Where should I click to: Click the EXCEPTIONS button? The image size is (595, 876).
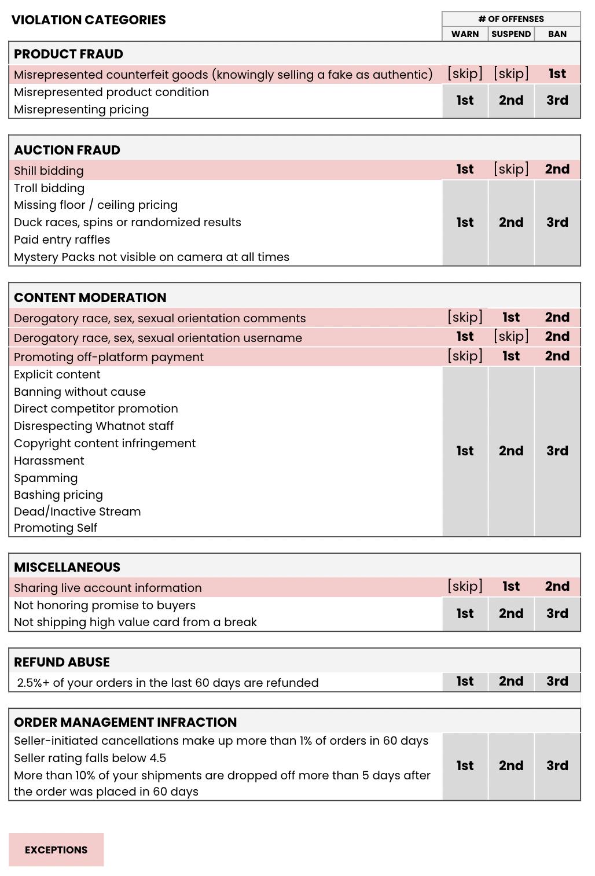tap(56, 849)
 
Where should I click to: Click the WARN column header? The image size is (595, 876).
tap(465, 34)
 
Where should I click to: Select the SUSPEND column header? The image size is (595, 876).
tap(511, 34)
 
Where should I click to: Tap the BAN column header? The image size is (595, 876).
tap(557, 34)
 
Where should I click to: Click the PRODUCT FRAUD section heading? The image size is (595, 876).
tap(68, 54)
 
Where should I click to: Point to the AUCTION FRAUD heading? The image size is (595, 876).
tap(67, 150)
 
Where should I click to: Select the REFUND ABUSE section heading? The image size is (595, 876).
tap(62, 662)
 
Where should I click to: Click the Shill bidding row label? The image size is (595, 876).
tap(49, 171)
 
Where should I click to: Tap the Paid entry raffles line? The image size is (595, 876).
tap(62, 240)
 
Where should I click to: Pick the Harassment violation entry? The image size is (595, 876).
tap(49, 461)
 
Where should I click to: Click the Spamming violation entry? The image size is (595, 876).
tap(46, 478)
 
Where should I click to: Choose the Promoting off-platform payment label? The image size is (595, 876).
tap(109, 357)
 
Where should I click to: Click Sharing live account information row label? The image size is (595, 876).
tap(108, 588)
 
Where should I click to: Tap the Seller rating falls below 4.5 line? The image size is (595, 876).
tap(90, 758)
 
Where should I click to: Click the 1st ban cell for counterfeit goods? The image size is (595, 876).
tap(557, 73)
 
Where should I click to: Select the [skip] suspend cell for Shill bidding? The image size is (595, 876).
tap(511, 169)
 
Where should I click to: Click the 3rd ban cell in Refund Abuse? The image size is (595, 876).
tap(557, 681)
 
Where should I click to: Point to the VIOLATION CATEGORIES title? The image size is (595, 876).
tap(89, 20)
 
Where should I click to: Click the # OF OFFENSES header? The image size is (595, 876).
tap(511, 19)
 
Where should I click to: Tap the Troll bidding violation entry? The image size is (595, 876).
tap(49, 188)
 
